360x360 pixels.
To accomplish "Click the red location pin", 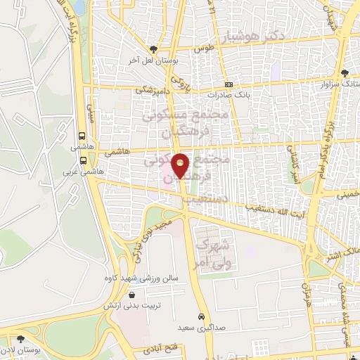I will [x=181, y=165].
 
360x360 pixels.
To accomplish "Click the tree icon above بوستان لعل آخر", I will [x=153, y=49].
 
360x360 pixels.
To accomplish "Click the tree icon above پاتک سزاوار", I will [x=344, y=73].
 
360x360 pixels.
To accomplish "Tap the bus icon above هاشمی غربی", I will [x=83, y=160].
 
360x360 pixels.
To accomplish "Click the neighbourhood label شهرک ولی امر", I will [x=211, y=254].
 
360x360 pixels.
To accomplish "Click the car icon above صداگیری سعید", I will [x=202, y=316].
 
